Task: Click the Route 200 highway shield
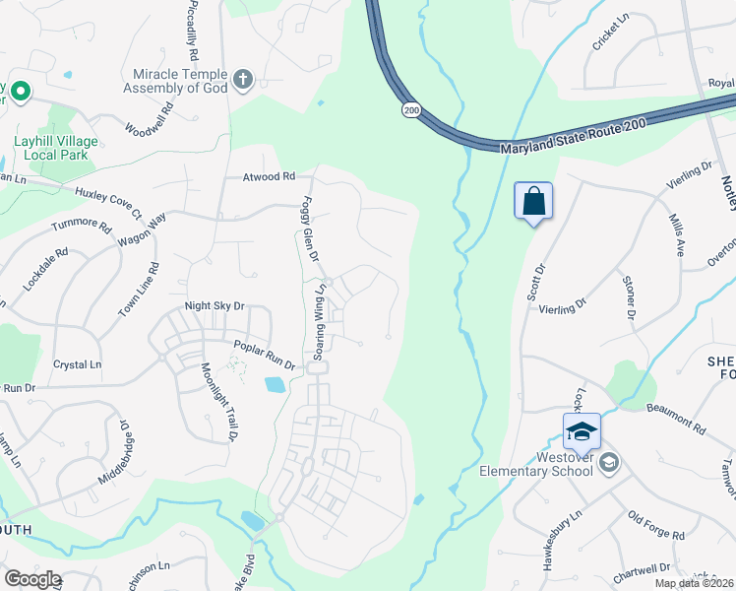[411, 110]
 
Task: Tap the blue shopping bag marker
[533, 201]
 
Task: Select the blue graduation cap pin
[582, 430]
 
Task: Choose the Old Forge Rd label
[656, 526]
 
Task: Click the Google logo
[32, 578]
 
